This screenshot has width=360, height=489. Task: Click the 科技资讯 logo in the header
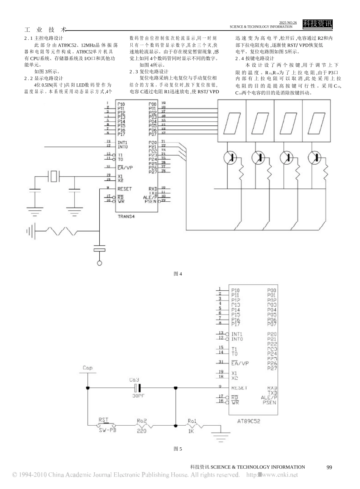[x=318, y=24]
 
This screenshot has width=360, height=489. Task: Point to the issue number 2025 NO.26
[x=288, y=23]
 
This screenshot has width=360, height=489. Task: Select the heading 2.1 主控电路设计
[x=43, y=38]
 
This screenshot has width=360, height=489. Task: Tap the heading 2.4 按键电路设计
[x=255, y=59]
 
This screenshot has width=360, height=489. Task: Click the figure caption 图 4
[x=178, y=274]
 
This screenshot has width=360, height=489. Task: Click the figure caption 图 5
[x=178, y=449]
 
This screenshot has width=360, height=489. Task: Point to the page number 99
[x=329, y=467]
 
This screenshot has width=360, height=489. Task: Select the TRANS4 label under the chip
[x=127, y=216]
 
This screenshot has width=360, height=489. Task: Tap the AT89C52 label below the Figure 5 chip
[x=249, y=421]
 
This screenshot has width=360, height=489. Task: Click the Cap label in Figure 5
[x=88, y=368]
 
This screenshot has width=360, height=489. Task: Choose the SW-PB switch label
[x=107, y=431]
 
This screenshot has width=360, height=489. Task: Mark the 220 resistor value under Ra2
[x=141, y=431]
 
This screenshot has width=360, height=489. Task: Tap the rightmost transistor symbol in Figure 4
[x=313, y=157]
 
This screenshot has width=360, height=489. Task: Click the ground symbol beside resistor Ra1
[x=221, y=435]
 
